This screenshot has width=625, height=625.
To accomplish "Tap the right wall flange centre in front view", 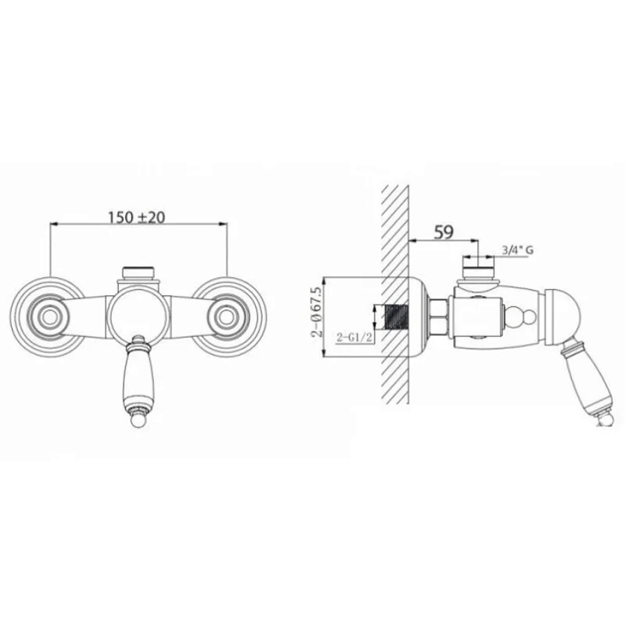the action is (226, 317).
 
